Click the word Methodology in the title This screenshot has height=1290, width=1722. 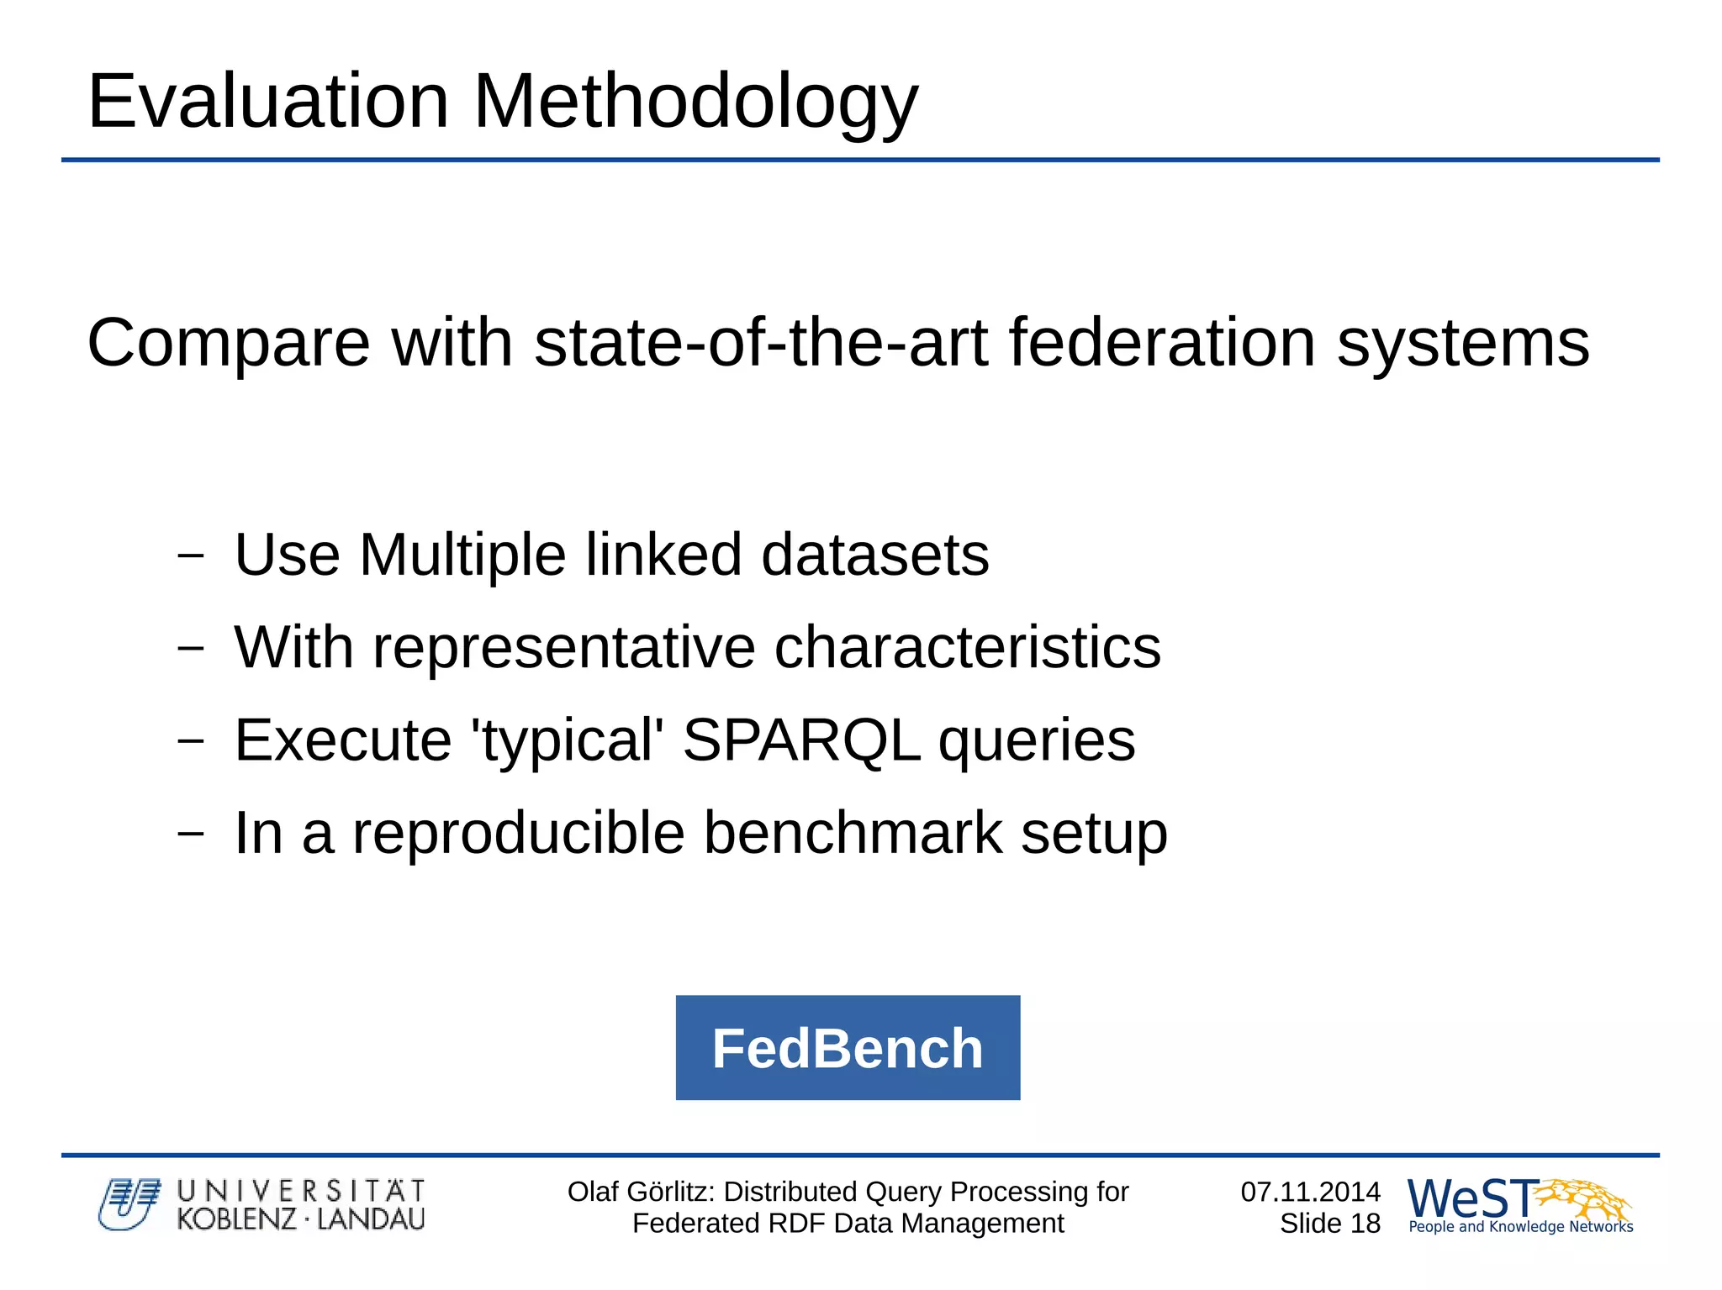tap(695, 103)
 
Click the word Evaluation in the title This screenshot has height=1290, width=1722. tap(268, 101)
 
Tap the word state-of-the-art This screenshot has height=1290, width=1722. tap(760, 342)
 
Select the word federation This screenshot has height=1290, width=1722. tap(1162, 342)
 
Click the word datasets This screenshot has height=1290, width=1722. tap(874, 555)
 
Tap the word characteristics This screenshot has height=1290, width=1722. tap(967, 647)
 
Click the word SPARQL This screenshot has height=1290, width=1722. tap(800, 740)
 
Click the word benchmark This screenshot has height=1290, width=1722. tap(853, 833)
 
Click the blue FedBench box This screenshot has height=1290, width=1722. tap(848, 1048)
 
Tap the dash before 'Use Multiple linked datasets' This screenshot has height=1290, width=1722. tap(191, 555)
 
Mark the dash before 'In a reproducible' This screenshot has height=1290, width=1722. tap(191, 833)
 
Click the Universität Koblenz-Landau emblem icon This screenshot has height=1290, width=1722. tap(129, 1204)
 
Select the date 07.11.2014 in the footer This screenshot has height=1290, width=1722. tap(1310, 1192)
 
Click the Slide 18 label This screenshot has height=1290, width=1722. tap(1329, 1224)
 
